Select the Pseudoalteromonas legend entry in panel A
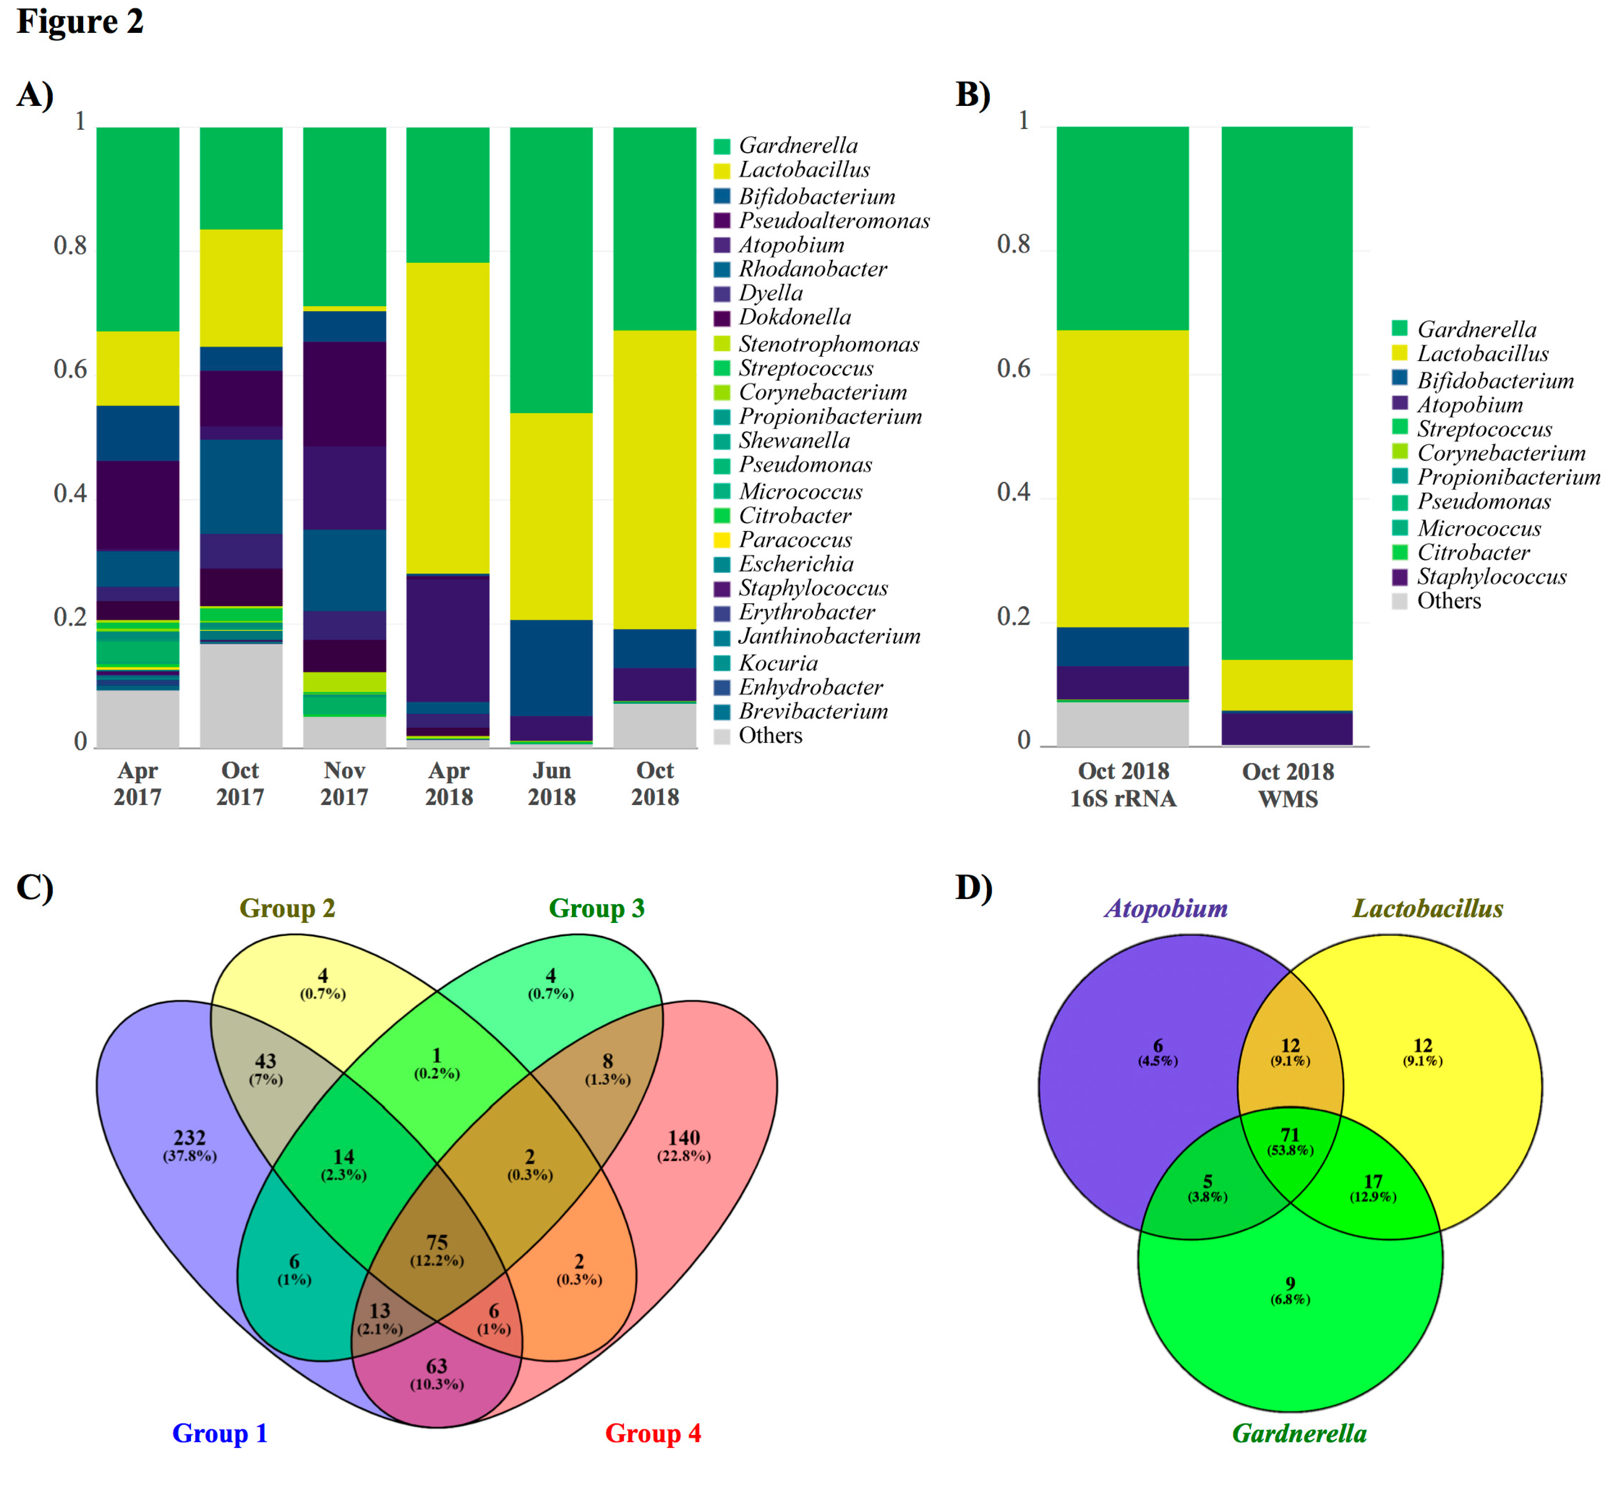pos(833,221)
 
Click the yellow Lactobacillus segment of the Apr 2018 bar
pos(447,417)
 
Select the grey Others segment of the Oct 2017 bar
pos(241,696)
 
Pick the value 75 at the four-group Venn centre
pos(437,1242)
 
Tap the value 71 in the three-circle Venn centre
pos(1290,1135)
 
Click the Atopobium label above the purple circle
pos(1165,909)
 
